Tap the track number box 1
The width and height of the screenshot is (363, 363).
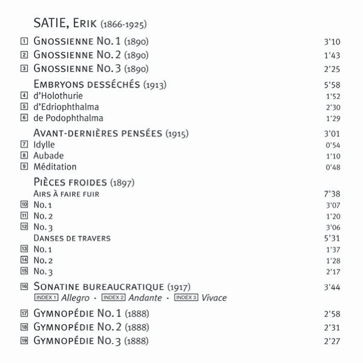coord(24,42)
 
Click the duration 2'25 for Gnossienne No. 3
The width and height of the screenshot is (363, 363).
coord(335,68)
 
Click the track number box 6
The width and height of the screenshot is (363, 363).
coord(24,117)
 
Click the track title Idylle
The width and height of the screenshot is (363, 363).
coord(45,145)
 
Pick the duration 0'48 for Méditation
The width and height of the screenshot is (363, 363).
coord(335,166)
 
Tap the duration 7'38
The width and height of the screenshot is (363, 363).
coord(335,194)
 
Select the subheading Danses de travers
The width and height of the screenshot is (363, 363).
coord(71,238)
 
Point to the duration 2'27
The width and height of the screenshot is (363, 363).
coord(335,341)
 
